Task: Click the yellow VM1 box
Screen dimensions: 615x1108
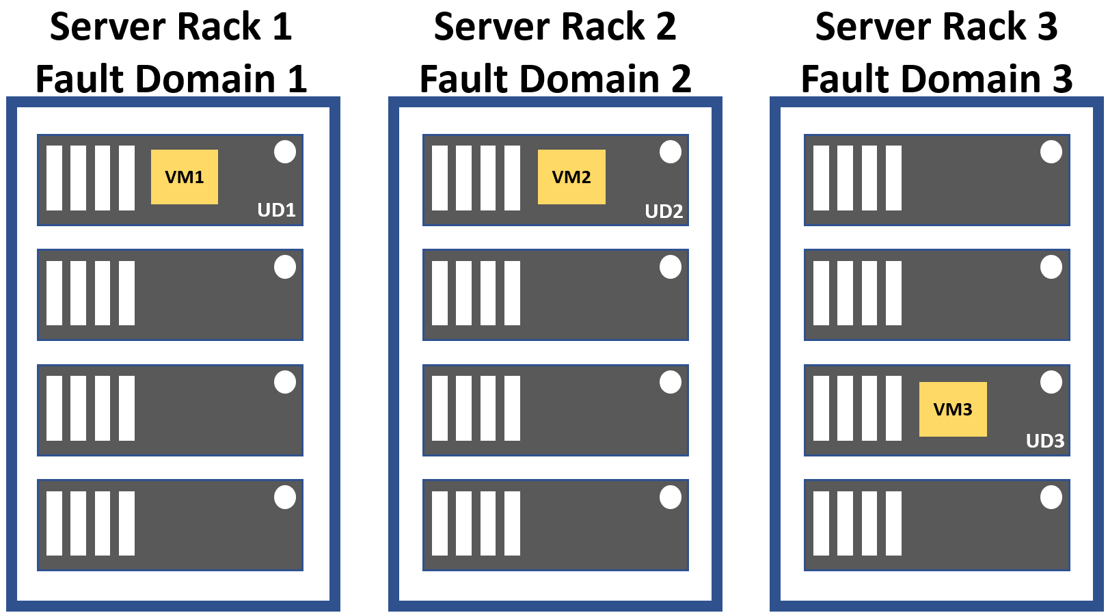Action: pos(185,177)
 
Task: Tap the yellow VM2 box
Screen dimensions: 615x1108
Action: pos(571,177)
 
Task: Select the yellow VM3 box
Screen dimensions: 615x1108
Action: pos(953,409)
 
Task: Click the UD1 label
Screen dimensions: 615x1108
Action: pos(276,210)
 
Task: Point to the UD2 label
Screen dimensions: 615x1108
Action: pos(664,211)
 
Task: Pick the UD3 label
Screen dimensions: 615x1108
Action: pos(1045,441)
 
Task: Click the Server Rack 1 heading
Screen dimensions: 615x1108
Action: pos(171,27)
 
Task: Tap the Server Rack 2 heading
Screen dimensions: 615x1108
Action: pos(555,27)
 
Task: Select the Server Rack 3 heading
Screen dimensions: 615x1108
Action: pos(936,27)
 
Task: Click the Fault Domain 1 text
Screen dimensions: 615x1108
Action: pos(171,79)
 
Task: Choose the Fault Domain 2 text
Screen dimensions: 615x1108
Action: pos(555,79)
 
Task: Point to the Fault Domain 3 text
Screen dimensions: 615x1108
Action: pos(936,79)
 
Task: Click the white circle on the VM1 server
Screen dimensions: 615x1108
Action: pos(285,152)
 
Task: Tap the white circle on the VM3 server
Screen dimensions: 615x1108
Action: pos(1051,382)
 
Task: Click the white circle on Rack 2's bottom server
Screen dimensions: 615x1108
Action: pos(671,497)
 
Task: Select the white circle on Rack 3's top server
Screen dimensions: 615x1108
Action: pos(1051,152)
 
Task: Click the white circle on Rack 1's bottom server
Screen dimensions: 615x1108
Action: pos(285,497)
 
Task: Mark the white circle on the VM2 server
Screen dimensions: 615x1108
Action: pos(671,152)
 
